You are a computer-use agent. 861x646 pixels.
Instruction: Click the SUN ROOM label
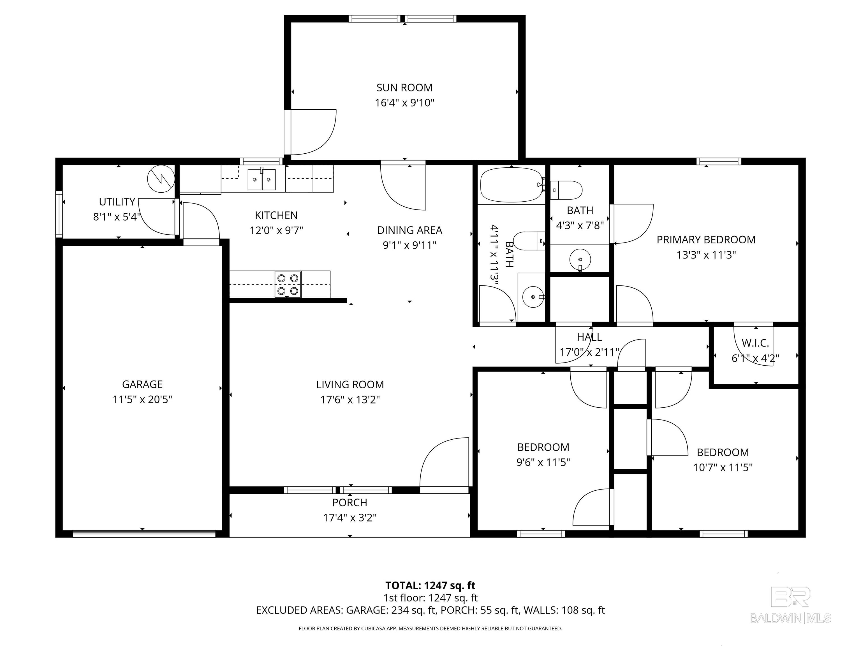click(404, 87)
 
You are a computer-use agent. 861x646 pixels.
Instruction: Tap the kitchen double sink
click(261, 179)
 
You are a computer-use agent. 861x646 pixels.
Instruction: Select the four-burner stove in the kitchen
click(288, 284)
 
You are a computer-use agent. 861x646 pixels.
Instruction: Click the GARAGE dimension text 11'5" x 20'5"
click(142, 400)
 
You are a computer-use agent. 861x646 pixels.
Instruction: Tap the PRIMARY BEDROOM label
click(706, 239)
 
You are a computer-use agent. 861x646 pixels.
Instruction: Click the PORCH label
click(350, 502)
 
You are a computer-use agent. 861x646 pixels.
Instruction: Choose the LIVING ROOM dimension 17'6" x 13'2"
click(350, 400)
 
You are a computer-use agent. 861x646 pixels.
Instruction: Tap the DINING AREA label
click(409, 230)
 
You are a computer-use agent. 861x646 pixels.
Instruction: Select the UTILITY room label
click(117, 202)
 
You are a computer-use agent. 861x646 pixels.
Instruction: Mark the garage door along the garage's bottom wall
click(144, 534)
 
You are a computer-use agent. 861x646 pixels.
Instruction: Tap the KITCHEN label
click(276, 215)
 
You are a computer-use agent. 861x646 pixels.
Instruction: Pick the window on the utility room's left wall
click(59, 214)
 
